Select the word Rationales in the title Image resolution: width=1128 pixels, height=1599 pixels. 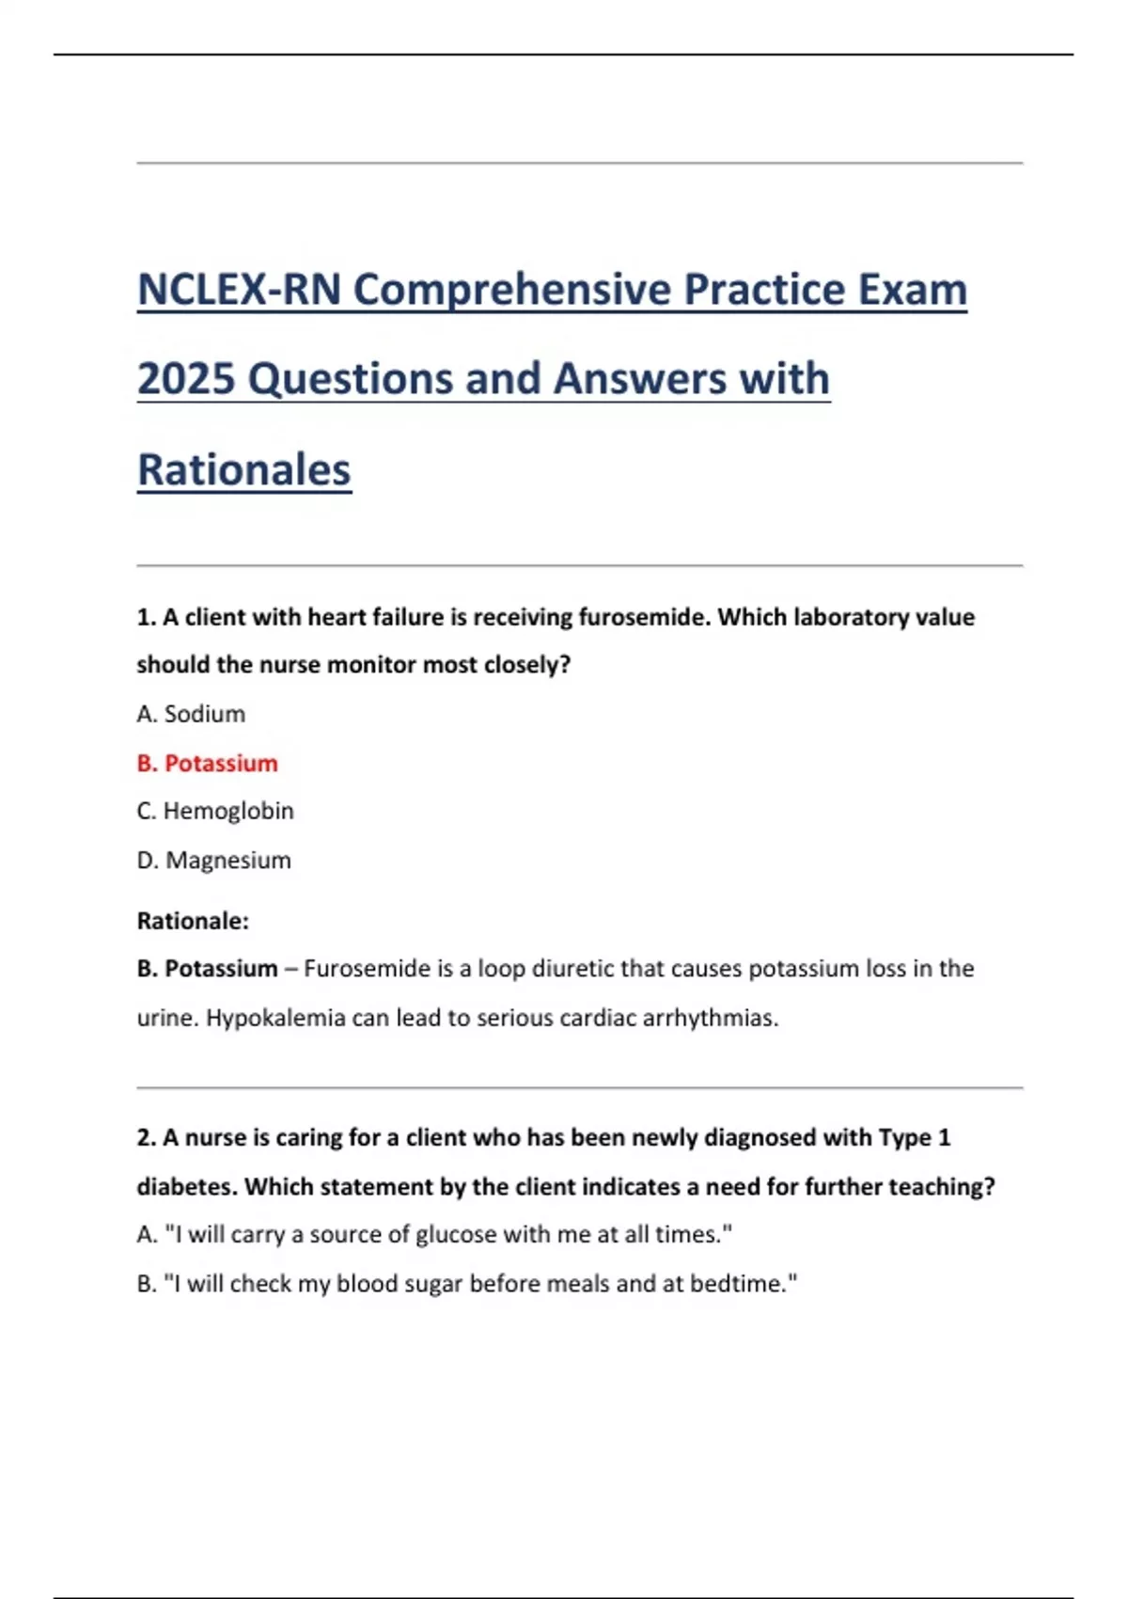pyautogui.click(x=244, y=470)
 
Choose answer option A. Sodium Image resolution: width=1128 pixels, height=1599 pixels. pyautogui.click(x=191, y=714)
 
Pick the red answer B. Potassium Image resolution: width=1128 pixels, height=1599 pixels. pyautogui.click(x=208, y=763)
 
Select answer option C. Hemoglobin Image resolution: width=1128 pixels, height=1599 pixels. pyautogui.click(x=215, y=811)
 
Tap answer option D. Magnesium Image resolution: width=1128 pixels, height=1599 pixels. pyautogui.click(x=214, y=860)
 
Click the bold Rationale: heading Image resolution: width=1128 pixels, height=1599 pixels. pyautogui.click(x=193, y=921)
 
